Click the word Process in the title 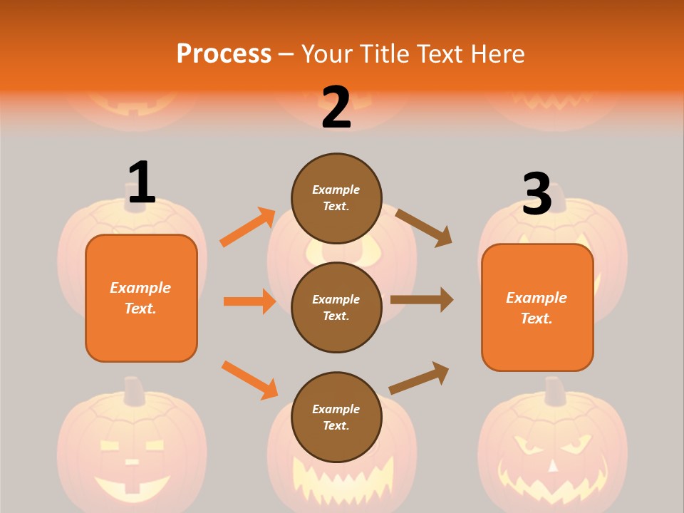point(224,54)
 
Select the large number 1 point(142,182)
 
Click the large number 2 point(336,108)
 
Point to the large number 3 point(537,194)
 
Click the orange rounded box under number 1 point(141,298)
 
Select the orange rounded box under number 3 point(537,307)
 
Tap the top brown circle point(336,198)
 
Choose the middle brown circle point(336,307)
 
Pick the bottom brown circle point(336,417)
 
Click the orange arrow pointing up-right point(248,227)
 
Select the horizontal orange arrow point(249,301)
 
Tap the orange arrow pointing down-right point(249,380)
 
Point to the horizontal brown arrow point(422,299)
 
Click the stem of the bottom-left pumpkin point(133,391)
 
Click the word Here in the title point(497,54)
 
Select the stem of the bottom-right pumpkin point(554,391)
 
